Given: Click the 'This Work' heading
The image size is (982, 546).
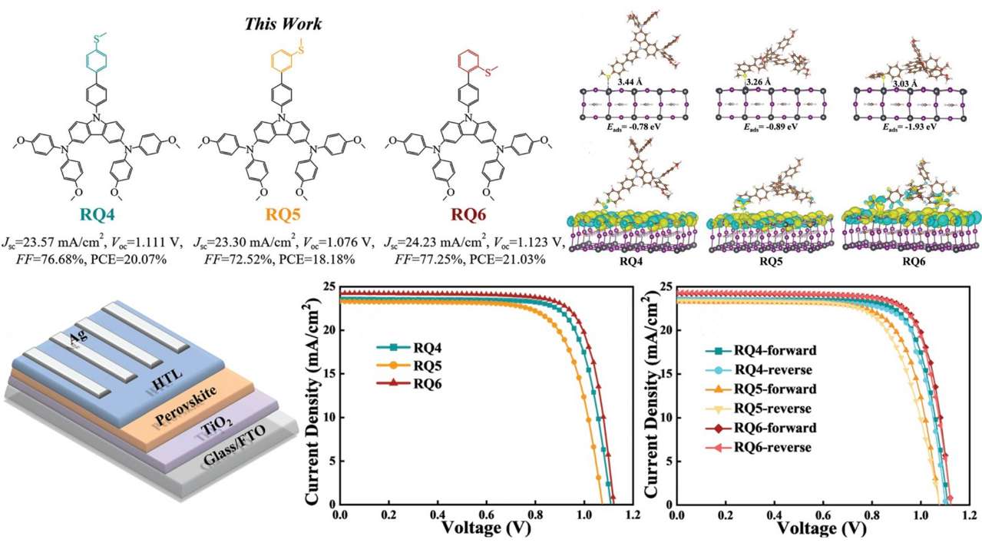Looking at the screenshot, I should pyautogui.click(x=283, y=24).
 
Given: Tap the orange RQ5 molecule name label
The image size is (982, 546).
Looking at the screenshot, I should pyautogui.click(x=282, y=212).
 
